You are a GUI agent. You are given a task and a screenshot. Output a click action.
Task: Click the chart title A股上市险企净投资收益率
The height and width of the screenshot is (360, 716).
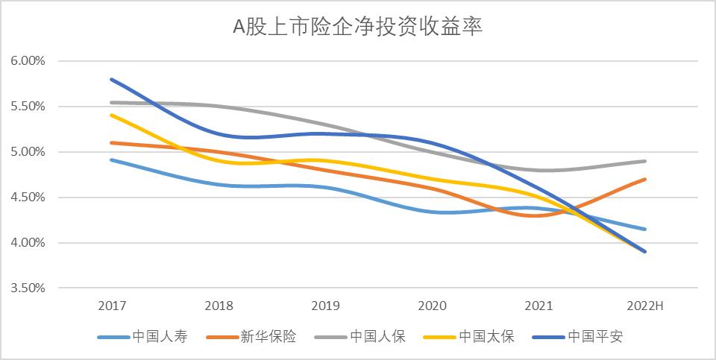pyautogui.click(x=358, y=28)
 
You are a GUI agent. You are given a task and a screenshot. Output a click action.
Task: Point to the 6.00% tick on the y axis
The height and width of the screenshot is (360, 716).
pyautogui.click(x=28, y=61)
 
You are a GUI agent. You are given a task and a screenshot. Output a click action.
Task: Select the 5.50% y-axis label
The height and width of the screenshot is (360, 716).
pyautogui.click(x=28, y=107)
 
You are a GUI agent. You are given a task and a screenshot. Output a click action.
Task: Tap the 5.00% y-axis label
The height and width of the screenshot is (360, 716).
pyautogui.click(x=28, y=152)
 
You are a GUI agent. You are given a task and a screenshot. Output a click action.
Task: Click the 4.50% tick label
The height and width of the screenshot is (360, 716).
pyautogui.click(x=28, y=198)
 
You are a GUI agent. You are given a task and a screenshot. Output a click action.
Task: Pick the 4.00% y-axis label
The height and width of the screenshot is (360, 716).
pyautogui.click(x=28, y=243)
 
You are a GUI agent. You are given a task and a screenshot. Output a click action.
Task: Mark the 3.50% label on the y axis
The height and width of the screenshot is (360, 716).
pyautogui.click(x=28, y=288)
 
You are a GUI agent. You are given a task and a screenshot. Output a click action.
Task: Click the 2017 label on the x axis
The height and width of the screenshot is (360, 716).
pyautogui.click(x=111, y=306)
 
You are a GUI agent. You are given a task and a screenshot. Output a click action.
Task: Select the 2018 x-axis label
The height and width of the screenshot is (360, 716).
pyautogui.click(x=218, y=306)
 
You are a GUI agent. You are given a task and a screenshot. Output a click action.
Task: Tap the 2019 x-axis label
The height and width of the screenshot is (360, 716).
pyautogui.click(x=324, y=306)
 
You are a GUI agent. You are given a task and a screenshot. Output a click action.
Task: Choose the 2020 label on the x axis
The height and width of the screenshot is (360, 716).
pyautogui.click(x=431, y=306)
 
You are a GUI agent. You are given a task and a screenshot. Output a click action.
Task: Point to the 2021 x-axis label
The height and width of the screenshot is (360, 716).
pyautogui.click(x=538, y=306)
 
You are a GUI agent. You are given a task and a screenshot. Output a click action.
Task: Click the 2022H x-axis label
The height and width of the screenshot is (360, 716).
pyautogui.click(x=644, y=306)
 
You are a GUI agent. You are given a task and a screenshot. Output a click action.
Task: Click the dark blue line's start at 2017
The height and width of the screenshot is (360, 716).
pyautogui.click(x=111, y=79)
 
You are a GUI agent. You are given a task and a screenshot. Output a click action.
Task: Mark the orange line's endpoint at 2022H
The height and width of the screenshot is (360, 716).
pyautogui.click(x=644, y=179)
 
